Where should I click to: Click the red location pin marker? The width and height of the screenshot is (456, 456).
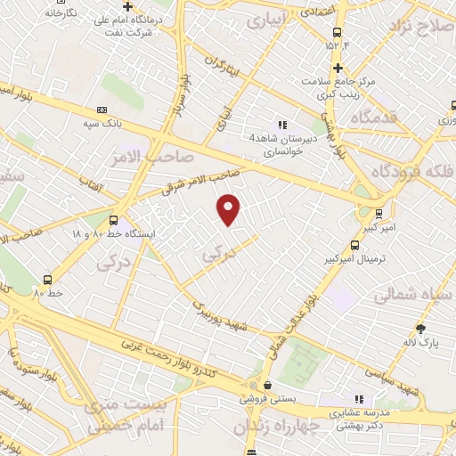click(x=230, y=209)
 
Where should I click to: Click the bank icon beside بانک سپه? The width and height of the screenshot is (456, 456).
click(x=100, y=110)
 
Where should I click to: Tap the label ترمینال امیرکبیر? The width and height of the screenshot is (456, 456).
click(x=353, y=258)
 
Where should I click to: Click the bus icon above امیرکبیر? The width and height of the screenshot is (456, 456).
click(x=379, y=214)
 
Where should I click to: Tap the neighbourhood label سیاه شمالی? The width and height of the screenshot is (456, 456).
click(x=410, y=293)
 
